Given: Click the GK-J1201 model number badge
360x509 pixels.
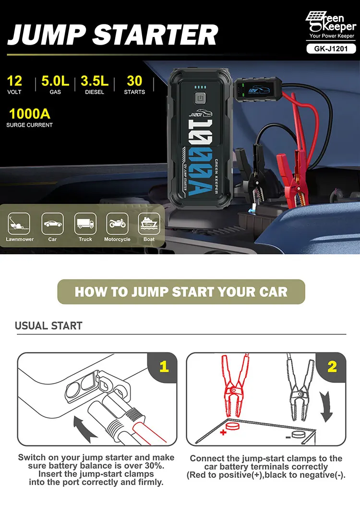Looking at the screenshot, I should tap(332, 48).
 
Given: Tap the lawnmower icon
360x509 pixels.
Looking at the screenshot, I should tap(19, 224).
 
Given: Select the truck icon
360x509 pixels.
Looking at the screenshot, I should tap(85, 224).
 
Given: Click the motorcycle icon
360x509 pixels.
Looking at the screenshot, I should tap(117, 224).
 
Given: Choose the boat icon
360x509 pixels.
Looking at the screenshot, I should tap(149, 224).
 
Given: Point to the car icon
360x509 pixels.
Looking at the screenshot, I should tap(52, 224).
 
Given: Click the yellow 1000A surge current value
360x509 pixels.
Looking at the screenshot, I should tap(29, 114).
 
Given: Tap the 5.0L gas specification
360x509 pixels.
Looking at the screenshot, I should tap(55, 81).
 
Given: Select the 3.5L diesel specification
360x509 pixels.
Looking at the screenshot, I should tap(95, 81).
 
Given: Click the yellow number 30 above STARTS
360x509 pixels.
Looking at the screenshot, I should tap(134, 81).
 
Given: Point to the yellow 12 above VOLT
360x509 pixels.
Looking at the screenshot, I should tap(14, 81).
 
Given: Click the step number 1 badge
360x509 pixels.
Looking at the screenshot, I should tap(164, 367).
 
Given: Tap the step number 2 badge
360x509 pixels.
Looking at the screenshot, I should tap(332, 367).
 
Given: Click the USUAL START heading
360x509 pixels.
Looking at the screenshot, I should tap(48, 326).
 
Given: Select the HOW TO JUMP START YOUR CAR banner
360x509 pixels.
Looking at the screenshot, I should tap(181, 292).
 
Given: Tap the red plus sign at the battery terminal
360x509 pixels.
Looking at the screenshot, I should tap(223, 432).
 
